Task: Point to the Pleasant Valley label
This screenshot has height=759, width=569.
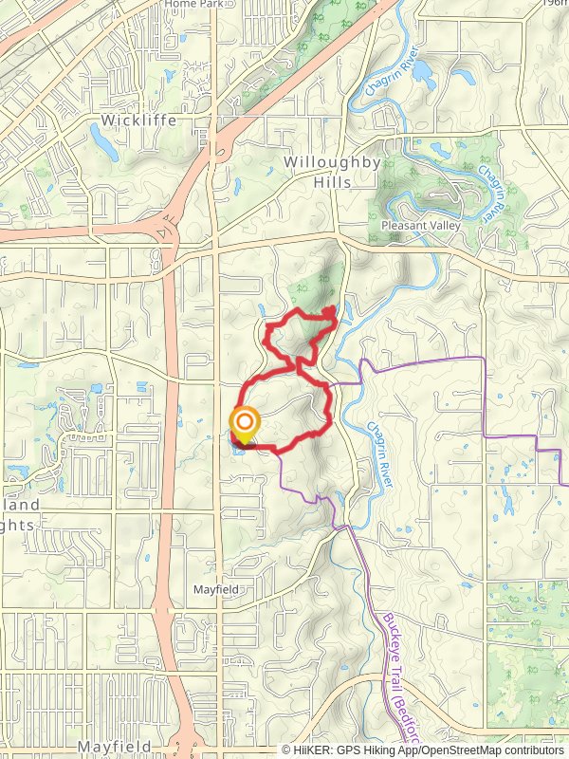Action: click(420, 226)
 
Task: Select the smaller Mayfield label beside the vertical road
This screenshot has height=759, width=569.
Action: click(215, 590)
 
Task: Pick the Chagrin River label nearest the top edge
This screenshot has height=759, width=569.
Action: click(388, 77)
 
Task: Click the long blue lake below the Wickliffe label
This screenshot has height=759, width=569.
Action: click(101, 140)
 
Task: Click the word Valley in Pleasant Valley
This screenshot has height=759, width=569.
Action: click(443, 226)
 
